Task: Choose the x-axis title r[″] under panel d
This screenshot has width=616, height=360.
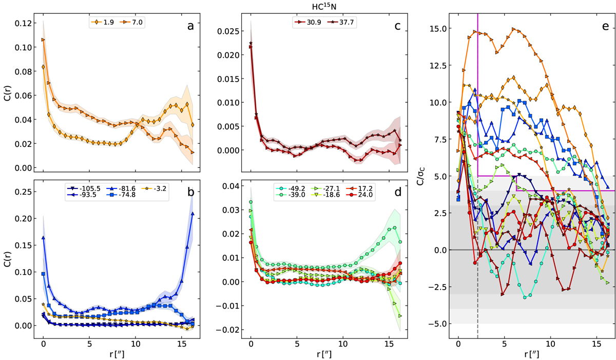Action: (320, 353)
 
